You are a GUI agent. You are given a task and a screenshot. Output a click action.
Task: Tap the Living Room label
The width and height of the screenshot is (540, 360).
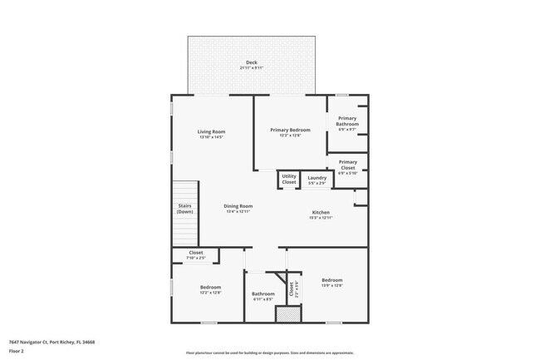(x=211, y=131)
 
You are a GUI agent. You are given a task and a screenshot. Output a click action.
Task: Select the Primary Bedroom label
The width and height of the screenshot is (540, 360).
(x=290, y=130)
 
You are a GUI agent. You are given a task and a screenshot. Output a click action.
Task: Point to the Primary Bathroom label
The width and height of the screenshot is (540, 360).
(x=347, y=121)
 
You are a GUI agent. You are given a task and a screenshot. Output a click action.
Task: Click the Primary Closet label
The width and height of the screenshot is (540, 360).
(x=347, y=165)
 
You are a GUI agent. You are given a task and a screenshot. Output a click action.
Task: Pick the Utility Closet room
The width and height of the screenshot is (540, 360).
(x=288, y=179)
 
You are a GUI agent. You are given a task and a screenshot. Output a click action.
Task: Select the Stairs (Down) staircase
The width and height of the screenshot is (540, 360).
(x=184, y=209)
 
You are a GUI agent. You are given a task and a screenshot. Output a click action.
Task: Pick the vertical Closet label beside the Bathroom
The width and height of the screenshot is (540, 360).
(x=292, y=289)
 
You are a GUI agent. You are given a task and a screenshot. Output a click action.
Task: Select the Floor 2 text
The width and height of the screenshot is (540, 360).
(x=17, y=352)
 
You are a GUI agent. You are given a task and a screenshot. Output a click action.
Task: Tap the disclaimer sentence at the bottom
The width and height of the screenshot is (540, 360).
(x=271, y=353)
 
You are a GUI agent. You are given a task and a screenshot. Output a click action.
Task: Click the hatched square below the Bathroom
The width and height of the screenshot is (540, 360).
(x=286, y=315)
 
